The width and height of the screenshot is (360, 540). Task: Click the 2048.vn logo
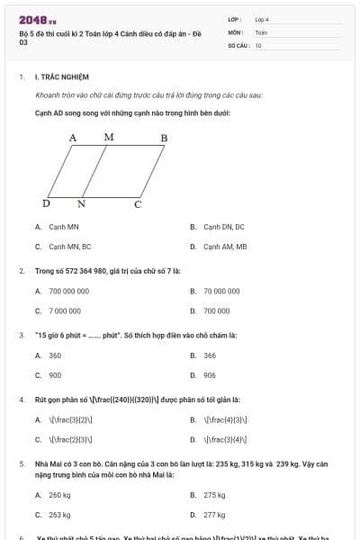38,19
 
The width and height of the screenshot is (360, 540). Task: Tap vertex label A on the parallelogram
73,138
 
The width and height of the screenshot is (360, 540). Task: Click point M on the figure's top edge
109,137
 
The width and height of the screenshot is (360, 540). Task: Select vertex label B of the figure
164,138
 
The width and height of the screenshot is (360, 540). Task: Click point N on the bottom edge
81,204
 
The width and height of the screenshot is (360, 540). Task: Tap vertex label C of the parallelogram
138,204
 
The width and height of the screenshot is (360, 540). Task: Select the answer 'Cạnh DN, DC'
223,227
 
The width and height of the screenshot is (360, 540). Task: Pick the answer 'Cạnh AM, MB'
224,246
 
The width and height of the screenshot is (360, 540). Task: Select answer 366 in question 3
210,355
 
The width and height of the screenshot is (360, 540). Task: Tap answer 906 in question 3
210,374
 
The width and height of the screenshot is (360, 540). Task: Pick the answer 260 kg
59,495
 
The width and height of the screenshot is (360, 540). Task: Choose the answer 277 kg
214,514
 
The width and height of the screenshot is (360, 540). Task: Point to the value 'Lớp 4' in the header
262,19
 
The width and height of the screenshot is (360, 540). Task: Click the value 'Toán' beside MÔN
261,31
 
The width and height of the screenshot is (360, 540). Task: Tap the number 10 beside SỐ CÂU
258,44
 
